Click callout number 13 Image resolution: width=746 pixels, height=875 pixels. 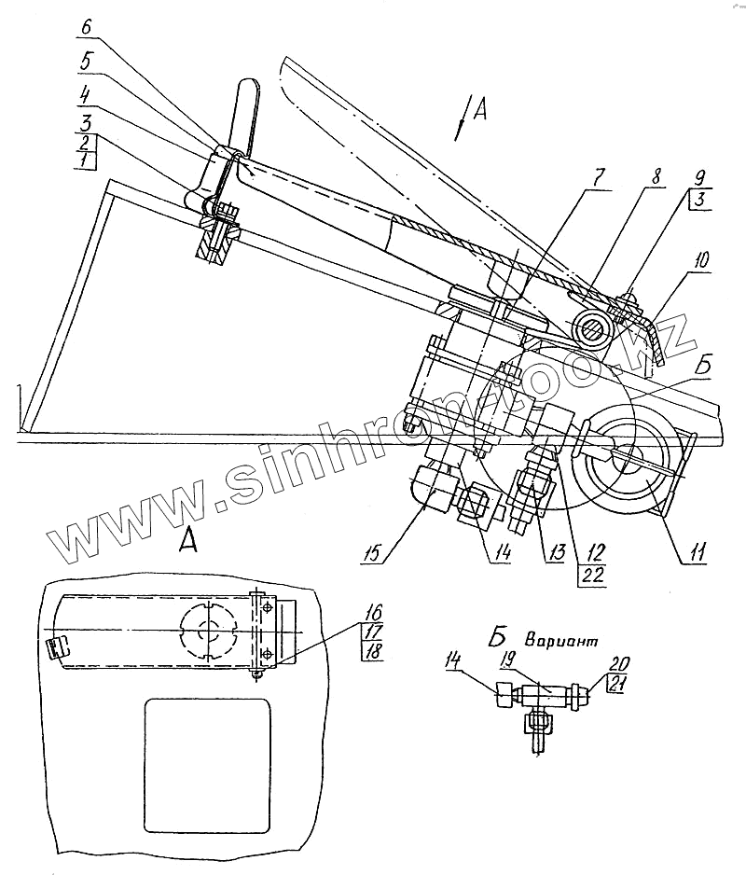[x=556, y=554]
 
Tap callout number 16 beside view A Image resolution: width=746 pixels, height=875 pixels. [x=373, y=613]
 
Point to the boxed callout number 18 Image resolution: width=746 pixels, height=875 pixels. [x=373, y=650]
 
